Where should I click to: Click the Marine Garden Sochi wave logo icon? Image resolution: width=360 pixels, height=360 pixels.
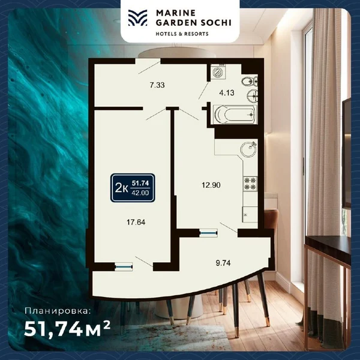pos(137,17)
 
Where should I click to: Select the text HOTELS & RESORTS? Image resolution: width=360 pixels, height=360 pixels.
pos(182,34)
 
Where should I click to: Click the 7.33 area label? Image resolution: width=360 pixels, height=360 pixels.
pos(157,85)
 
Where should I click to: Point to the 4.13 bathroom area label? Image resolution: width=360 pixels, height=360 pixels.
pos(227,93)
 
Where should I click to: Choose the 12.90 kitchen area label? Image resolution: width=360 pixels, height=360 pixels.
pos(211,185)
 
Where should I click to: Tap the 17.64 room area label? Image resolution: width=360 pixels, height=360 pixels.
pos(136,222)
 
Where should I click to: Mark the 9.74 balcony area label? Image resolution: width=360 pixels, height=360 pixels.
pos(223,263)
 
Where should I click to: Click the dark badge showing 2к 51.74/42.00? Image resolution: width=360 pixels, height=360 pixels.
pos(133,188)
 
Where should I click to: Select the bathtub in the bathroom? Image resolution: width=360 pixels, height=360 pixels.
pos(235,115)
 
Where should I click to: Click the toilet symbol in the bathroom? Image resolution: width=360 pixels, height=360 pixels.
pos(250,81)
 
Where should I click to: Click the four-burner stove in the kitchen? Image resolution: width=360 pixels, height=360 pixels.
pos(250,184)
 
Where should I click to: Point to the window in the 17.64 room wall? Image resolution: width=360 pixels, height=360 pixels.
pos(124,267)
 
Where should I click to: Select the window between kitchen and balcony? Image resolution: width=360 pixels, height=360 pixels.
pos(208,233)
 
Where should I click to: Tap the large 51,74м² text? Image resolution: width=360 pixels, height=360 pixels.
pos(67,329)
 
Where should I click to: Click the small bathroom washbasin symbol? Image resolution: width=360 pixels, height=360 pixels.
pos(253,95)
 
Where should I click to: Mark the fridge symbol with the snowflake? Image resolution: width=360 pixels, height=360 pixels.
pos(250,214)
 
